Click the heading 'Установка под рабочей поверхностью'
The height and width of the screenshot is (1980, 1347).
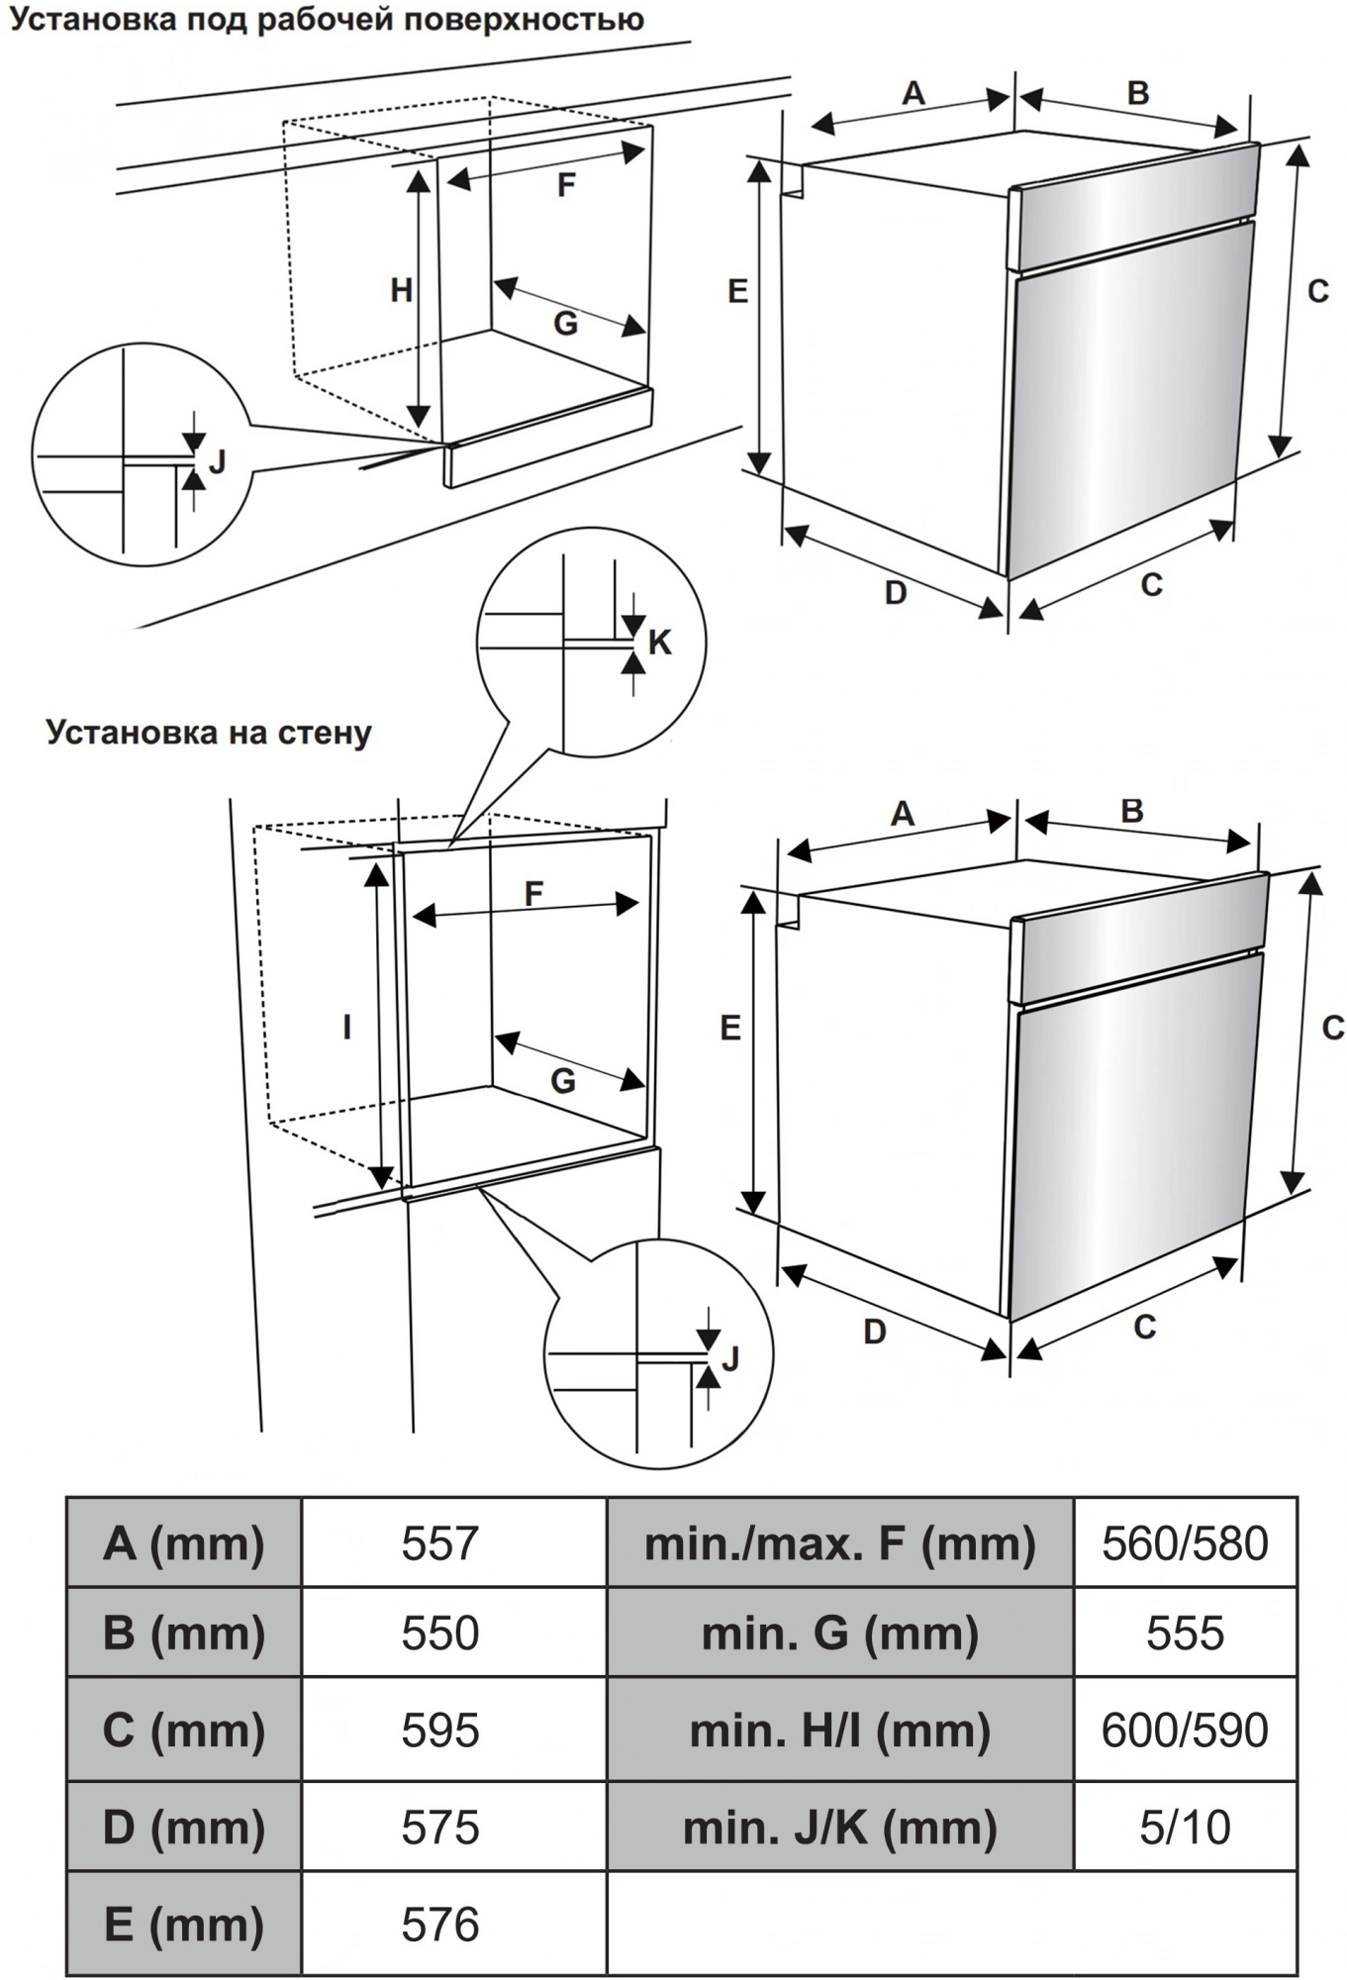point(327,20)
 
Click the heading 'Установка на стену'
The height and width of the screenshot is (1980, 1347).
point(209,733)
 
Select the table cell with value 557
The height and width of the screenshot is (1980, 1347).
point(440,1543)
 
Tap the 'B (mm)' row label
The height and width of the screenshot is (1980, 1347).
point(184,1633)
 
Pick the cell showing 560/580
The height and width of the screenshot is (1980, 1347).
point(1185,1543)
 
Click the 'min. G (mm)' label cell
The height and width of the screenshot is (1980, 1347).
point(839,1633)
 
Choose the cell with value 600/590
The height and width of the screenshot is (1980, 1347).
point(1185,1730)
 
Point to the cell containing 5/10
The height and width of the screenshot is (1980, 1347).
point(1185,1827)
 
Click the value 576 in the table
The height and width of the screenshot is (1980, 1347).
point(440,1924)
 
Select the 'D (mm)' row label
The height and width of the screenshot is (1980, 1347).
point(184,1827)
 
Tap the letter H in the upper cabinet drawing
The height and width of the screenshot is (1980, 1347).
point(401,290)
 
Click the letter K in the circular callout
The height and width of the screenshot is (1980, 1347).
point(660,643)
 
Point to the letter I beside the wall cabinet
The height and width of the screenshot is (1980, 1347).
point(346,1028)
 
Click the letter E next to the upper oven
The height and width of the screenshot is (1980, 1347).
point(737,291)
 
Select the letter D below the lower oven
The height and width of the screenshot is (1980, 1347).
point(875,1332)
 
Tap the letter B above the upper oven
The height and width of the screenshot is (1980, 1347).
point(1138,93)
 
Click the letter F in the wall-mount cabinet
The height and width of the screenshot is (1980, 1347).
point(533,894)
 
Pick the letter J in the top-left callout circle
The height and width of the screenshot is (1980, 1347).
point(218,461)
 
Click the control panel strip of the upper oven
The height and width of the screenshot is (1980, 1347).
point(1133,203)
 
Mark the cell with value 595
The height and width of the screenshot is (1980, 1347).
point(440,1730)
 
